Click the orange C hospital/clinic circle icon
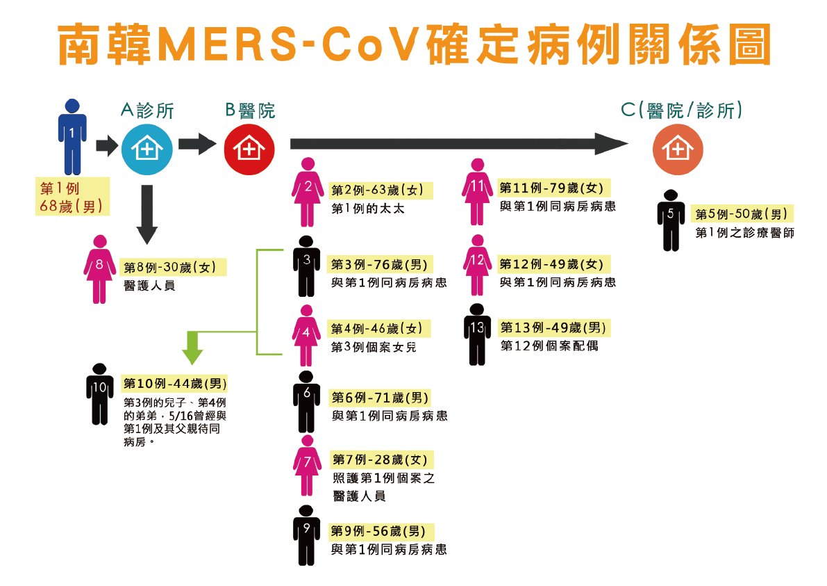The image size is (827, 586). pos(678,149)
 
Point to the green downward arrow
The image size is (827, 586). pos(192,348)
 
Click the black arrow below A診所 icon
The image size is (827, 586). pos(147,215)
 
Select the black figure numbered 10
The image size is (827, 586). pos(99,393)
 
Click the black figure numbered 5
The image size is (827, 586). pos(671,220)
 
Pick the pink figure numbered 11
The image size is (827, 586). pos(476,191)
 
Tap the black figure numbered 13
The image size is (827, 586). pos(476,334)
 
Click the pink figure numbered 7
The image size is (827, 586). pos(307,465)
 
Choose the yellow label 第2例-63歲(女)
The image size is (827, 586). pos(381,190)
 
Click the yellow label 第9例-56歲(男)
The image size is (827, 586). pos(381,532)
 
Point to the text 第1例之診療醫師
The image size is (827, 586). pos(744,234)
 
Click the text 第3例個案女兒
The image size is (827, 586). pos(374,347)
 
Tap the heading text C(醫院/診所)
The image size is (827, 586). pos(682,110)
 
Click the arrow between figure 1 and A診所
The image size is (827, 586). pos(107,145)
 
